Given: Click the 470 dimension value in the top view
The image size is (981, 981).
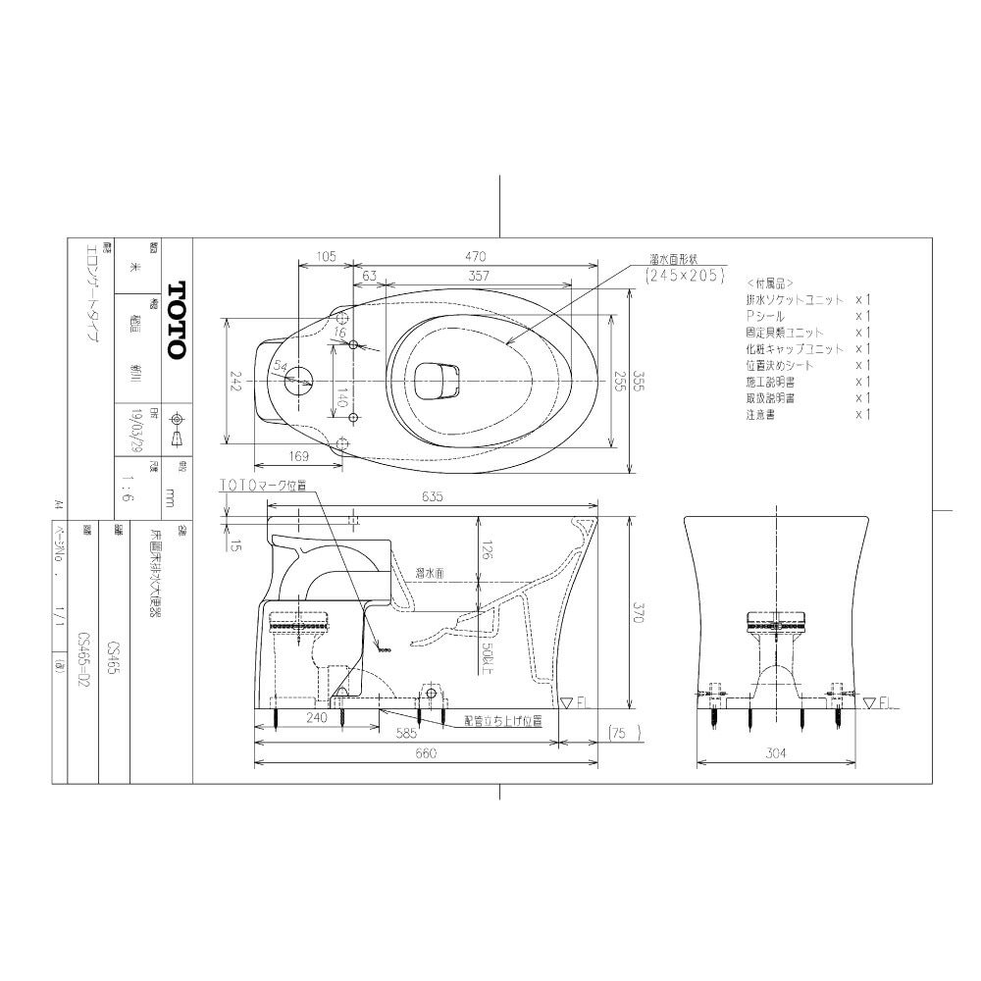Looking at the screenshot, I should coord(477,256).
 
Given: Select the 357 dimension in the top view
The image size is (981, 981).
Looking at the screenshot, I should coord(479,278).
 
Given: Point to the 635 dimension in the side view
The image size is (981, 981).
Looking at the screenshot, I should coord(433,496).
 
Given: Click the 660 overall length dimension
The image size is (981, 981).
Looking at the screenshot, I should coord(424,754).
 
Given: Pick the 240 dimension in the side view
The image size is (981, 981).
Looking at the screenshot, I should coord(316,718).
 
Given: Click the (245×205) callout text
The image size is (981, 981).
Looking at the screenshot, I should coord(684,277).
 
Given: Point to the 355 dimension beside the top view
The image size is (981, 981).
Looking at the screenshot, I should coord(639,381).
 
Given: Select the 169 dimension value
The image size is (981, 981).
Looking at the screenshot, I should coord(300,455).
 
